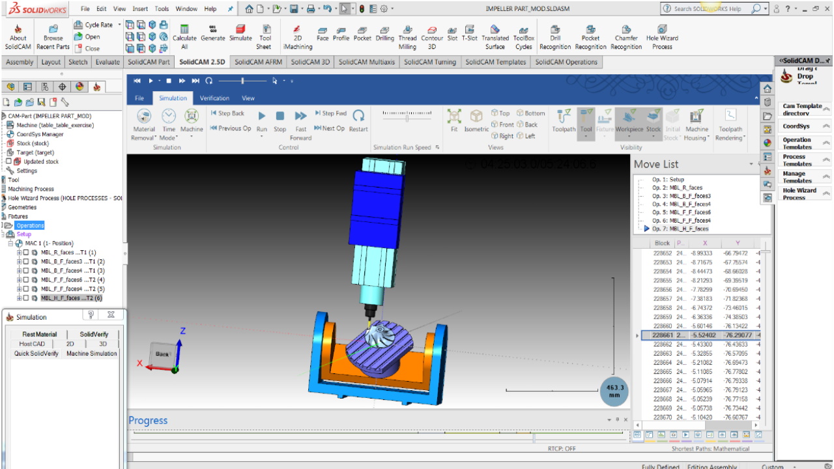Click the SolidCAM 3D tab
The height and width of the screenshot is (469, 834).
pos(310,62)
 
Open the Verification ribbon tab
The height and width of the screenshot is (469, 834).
pos(214,98)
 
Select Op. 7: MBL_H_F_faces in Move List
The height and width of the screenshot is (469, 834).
pos(680,229)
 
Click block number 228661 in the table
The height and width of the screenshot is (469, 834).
pos(662,335)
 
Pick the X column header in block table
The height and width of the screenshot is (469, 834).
pos(704,243)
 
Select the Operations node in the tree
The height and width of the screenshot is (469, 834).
pos(30,225)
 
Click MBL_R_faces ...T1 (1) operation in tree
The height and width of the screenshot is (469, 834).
pos(68,253)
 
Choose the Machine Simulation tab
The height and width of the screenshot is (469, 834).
pos(91,354)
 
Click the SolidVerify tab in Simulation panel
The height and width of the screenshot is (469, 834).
pos(94,334)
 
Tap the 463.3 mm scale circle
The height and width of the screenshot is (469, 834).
pos(614,391)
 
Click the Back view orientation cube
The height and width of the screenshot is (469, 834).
pos(162,354)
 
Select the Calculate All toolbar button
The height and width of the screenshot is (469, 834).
pos(184,37)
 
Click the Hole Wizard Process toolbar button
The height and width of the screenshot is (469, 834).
pos(662,37)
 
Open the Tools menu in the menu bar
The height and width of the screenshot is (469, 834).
pos(162,9)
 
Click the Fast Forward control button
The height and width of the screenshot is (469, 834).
pos(300,121)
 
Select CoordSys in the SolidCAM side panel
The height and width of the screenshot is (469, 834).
pos(796,126)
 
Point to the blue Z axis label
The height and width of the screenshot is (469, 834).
pos(183,331)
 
